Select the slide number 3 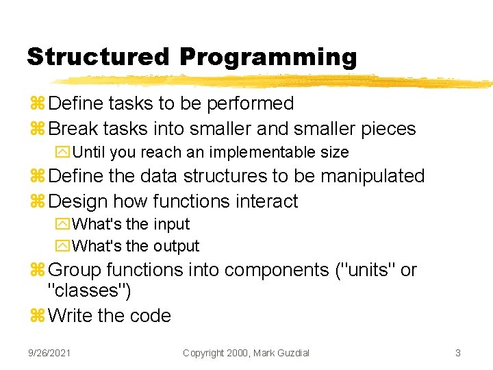457,353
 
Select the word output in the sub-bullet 176,246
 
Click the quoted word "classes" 89,291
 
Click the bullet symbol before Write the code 37,316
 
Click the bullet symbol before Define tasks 37,104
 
